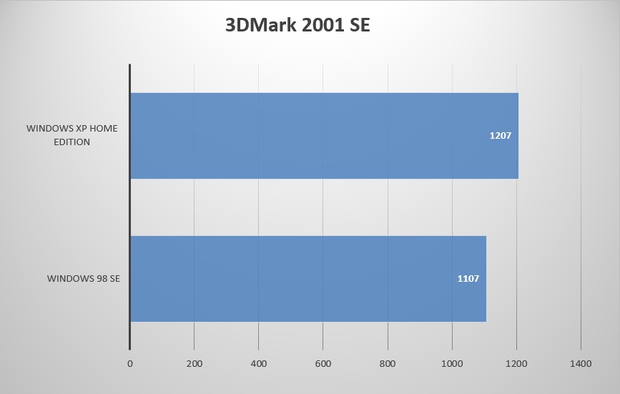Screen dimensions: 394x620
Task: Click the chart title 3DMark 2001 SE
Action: (x=297, y=26)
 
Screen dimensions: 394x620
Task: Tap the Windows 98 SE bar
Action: (x=307, y=279)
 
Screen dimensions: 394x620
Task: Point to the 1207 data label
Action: (x=499, y=135)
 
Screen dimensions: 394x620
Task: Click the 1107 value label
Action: (x=468, y=278)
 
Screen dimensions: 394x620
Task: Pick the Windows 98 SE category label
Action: (x=84, y=278)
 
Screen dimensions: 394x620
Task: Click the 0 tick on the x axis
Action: (x=129, y=364)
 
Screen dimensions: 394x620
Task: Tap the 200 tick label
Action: (x=194, y=364)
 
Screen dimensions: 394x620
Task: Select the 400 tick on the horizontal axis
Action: (x=258, y=364)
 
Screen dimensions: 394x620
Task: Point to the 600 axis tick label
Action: (x=323, y=364)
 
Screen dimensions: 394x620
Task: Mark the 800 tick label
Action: (x=387, y=364)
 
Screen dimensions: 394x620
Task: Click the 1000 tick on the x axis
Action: (x=451, y=364)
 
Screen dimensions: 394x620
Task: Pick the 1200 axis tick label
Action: (x=516, y=364)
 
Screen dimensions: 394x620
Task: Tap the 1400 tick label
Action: (x=580, y=364)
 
